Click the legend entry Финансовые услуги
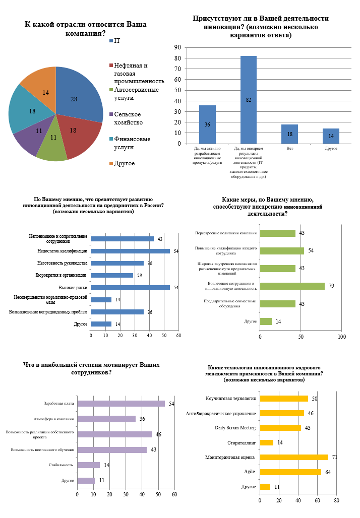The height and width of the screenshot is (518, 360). click(132, 143)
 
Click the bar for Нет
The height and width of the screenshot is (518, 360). click(289, 134)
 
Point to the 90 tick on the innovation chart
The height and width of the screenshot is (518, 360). click(177, 47)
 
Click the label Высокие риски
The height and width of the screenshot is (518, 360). click(73, 288)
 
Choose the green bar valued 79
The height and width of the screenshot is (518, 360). click(292, 286)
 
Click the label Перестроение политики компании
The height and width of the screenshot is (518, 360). click(226, 233)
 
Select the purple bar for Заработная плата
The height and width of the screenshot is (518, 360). click(121, 404)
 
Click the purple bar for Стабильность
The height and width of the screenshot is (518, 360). click(88, 465)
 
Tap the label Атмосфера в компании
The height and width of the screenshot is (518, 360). click(57, 419)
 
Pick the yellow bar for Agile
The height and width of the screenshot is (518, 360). click(290, 472)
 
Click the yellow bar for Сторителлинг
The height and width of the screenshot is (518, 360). click(266, 442)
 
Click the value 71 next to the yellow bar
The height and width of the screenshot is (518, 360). click(335, 458)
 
